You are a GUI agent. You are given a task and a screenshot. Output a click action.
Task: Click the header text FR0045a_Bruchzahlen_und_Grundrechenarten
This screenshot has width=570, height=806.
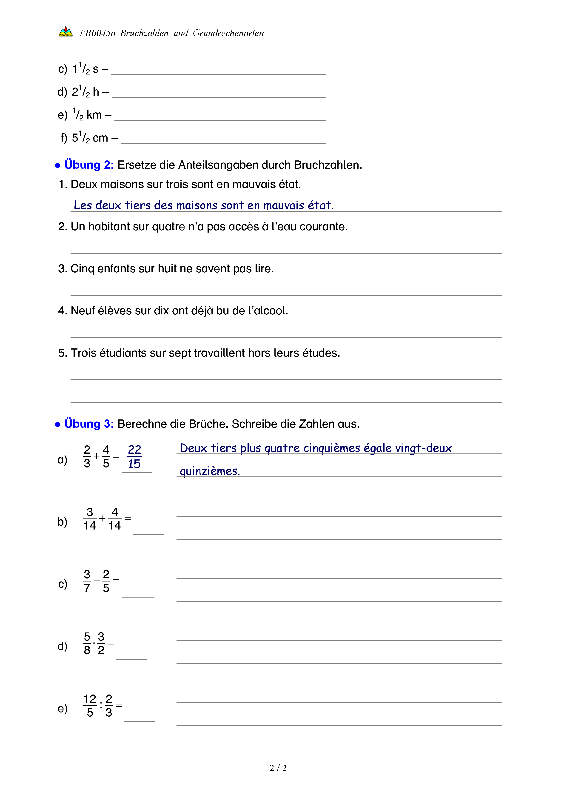(x=172, y=33)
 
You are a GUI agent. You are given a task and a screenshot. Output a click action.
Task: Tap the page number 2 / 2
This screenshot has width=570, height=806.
(x=278, y=768)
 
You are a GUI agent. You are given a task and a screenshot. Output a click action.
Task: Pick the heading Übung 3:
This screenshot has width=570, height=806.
(x=89, y=424)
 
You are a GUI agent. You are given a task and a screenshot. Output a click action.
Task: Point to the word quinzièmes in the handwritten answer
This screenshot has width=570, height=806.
(x=210, y=471)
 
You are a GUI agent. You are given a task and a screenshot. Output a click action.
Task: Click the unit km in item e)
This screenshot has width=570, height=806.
(x=94, y=115)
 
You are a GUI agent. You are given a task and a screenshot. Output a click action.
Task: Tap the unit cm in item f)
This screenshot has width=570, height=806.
(x=100, y=138)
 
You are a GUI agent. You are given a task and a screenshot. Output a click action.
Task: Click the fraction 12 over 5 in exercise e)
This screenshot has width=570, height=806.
(x=90, y=706)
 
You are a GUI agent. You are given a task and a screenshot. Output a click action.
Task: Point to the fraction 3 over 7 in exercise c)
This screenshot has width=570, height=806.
(x=87, y=581)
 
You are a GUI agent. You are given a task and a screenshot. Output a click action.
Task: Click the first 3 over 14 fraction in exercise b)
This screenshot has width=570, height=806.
(x=90, y=519)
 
